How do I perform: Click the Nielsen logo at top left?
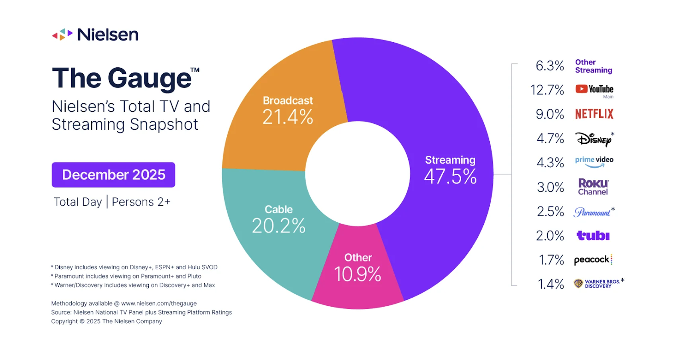point(95,35)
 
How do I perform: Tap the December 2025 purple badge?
point(113,175)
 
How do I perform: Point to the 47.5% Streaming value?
point(450,177)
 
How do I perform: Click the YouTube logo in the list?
point(594,89)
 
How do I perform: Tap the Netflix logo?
point(594,114)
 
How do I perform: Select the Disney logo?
point(594,139)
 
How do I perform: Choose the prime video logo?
point(594,161)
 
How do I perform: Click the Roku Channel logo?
point(593,187)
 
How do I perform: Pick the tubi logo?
point(593,235)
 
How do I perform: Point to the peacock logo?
point(592,260)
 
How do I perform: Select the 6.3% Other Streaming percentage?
point(549,66)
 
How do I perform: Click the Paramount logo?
point(593,212)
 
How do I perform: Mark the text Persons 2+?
point(141,202)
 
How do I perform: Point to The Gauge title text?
point(122,78)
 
